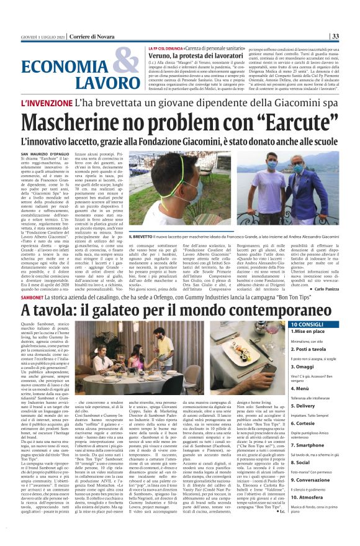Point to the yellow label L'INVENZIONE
(47, 103)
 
